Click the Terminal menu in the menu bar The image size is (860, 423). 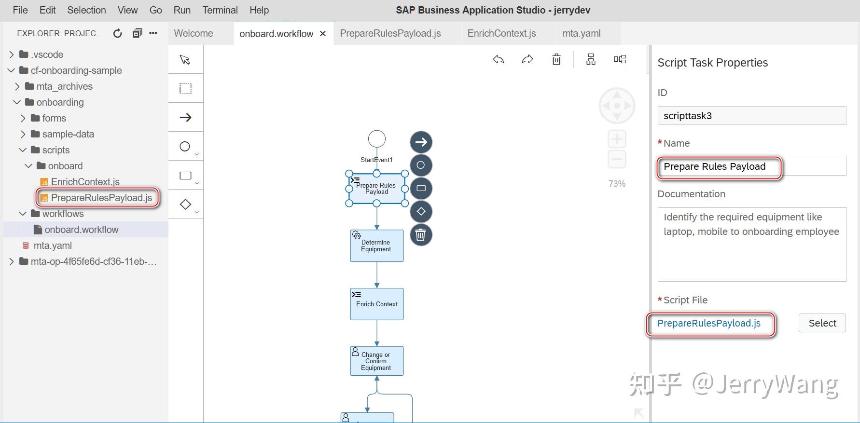coord(220,10)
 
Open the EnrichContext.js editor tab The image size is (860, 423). coord(501,33)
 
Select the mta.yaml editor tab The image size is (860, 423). coord(581,33)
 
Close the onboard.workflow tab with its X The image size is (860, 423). coord(323,34)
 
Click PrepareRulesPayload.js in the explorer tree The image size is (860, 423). coord(101,198)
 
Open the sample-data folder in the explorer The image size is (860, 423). coord(68,134)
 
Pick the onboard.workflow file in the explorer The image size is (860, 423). coord(81,230)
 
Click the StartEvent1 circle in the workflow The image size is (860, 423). coord(377,139)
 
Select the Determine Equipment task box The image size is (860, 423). coord(376,246)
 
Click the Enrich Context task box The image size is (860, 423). coord(376,304)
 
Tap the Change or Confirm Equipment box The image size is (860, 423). coord(376,361)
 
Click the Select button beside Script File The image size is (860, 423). coord(822,323)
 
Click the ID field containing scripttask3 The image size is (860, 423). coord(751,116)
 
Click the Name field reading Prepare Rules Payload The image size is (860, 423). coord(751,166)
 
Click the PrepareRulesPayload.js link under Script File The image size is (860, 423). coord(708,323)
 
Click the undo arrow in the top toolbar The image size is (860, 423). coord(499,59)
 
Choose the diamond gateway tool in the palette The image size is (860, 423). coord(185,204)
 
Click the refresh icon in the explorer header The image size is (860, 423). coord(117,33)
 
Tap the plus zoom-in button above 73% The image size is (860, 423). coord(617,139)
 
